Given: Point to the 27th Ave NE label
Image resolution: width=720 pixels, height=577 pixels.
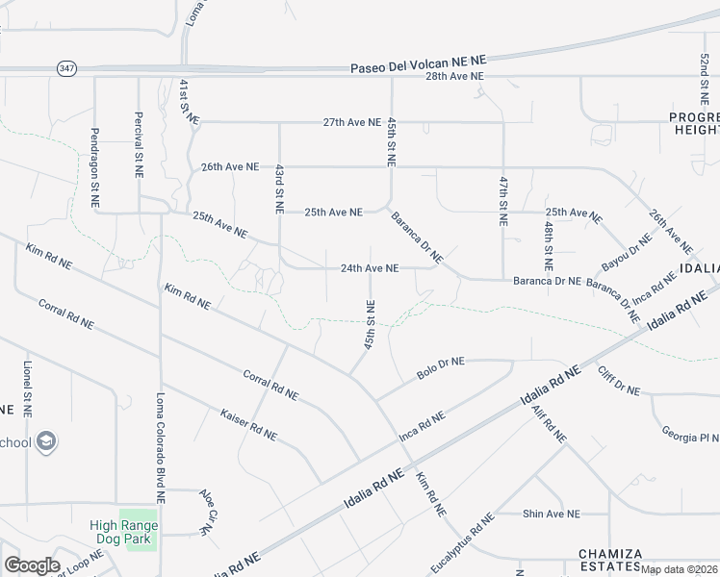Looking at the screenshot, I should pos(352,122).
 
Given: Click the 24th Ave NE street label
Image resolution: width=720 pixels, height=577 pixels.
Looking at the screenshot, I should pos(370,268).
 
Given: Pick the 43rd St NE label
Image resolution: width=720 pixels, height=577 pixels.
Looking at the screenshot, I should pos(279,187).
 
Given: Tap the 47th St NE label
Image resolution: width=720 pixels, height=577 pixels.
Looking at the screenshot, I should pos(502,200).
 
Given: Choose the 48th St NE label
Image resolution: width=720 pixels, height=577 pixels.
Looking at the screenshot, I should pos(547,243).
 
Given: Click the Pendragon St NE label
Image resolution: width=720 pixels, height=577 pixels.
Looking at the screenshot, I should pos(95,169).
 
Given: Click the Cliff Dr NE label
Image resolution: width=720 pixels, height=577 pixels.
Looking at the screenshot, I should pos(618,381).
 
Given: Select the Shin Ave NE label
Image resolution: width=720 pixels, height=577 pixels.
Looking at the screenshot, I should pos(552,514).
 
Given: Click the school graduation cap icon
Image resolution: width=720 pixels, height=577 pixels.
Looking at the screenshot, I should pos(47,441).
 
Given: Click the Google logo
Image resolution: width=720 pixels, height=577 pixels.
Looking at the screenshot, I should pos(32,565).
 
